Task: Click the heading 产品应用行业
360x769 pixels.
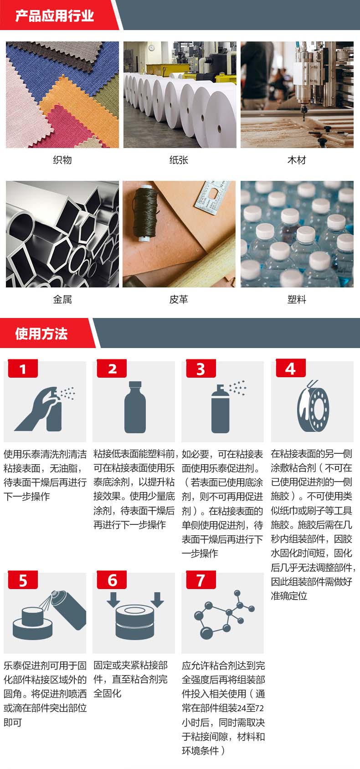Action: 54,16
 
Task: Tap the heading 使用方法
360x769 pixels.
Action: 41,333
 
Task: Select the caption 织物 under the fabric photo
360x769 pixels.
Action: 62,160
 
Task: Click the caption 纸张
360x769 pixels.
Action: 179,160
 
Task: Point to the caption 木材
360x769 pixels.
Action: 297,160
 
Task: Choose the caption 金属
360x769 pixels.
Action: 62,299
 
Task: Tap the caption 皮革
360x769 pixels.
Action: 179,299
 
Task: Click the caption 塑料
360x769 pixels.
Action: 297,299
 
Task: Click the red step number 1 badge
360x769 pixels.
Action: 23,369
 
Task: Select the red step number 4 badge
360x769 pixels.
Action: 291,369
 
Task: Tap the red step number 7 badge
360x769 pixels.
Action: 201,580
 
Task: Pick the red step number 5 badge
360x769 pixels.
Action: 23,580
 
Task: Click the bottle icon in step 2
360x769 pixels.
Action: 135,407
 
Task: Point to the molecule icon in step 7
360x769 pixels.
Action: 224,615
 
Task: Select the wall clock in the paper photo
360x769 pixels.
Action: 151,47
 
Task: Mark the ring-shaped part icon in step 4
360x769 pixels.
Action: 313,409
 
